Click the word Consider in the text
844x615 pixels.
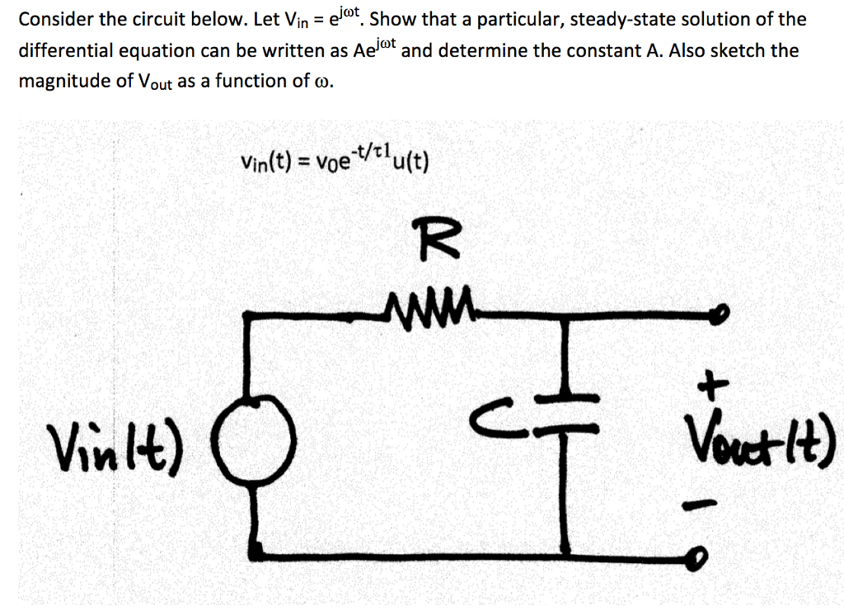pyautogui.click(x=54, y=20)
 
